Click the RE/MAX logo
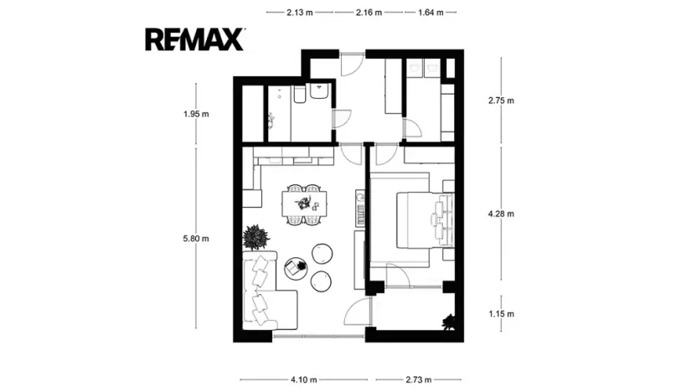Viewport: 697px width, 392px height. point(194,39)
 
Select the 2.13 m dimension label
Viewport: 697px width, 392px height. point(300,13)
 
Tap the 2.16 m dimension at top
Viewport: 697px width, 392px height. point(369,13)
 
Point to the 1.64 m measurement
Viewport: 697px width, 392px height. point(431,13)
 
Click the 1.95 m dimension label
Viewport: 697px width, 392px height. point(195,115)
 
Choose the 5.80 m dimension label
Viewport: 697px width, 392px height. point(195,238)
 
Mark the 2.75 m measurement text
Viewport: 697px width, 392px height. point(501,101)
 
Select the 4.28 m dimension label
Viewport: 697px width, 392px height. point(501,214)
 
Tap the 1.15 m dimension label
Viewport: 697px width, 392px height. point(501,314)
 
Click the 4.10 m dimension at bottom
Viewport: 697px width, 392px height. point(303,379)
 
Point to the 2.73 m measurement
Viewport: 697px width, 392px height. point(414,379)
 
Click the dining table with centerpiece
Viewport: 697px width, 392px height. point(303,203)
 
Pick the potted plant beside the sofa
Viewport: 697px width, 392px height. point(256,237)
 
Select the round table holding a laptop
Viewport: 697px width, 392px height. point(295,268)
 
